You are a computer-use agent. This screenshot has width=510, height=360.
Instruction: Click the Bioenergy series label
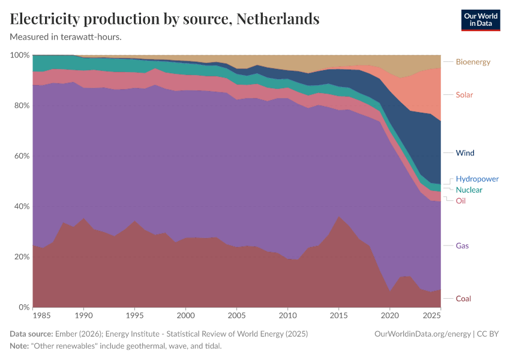click(x=473, y=62)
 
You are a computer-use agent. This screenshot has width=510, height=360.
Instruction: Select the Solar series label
click(x=464, y=95)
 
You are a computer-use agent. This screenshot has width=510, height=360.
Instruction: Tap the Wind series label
click(x=464, y=153)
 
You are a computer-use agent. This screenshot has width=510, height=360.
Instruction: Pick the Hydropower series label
click(x=477, y=179)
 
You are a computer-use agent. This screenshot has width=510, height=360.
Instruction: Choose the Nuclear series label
click(x=469, y=190)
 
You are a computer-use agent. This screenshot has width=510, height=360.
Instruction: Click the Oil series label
click(x=460, y=201)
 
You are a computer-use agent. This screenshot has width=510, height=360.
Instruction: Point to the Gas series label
click(x=462, y=246)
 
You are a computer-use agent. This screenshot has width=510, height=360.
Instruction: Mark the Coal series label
click(x=463, y=299)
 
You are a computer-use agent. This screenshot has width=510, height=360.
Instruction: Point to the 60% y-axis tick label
click(x=22, y=156)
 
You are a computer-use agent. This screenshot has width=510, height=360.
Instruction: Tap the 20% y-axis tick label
click(x=22, y=257)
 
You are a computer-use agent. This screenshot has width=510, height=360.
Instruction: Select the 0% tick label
click(x=23, y=307)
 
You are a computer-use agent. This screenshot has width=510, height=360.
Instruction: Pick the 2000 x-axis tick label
click(x=186, y=316)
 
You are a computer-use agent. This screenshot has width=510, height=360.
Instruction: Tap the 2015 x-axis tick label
click(x=339, y=316)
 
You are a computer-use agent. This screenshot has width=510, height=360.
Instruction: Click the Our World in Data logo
click(x=480, y=20)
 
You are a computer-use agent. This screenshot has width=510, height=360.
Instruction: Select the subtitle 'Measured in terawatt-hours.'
click(x=66, y=37)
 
